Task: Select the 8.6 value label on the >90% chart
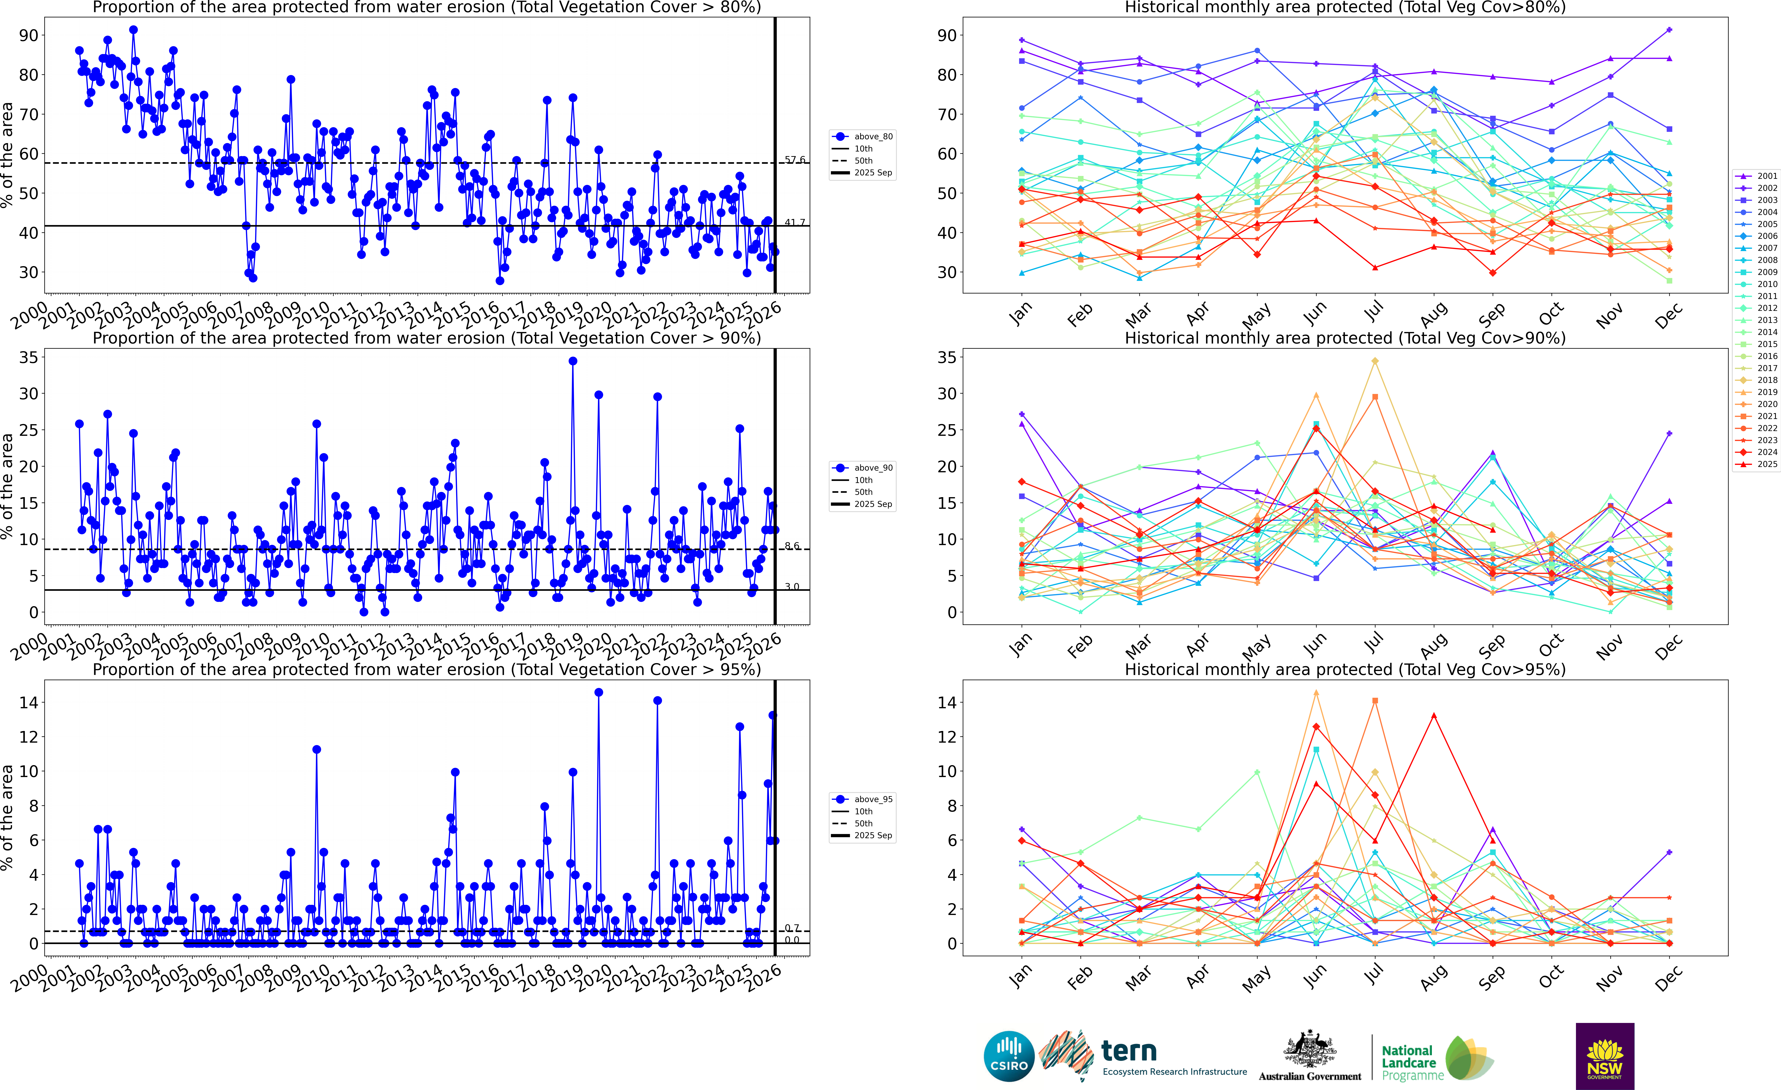792,546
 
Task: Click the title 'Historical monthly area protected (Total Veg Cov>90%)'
1345,338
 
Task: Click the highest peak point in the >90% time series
573,361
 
